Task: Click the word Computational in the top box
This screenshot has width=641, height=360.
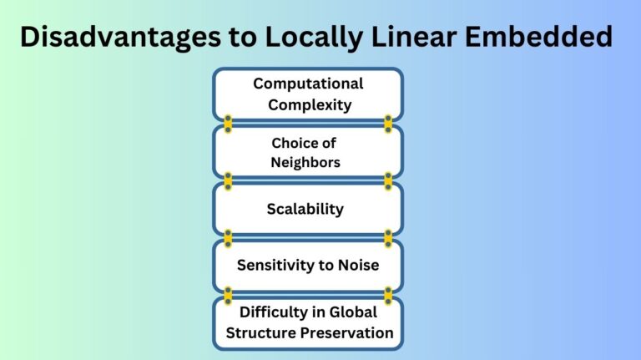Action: tap(308, 84)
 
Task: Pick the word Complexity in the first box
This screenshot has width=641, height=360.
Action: tap(308, 105)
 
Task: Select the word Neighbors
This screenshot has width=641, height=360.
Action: tap(305, 162)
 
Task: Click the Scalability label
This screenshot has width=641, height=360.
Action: tap(305, 209)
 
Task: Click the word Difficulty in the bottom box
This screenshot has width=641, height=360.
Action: tap(274, 312)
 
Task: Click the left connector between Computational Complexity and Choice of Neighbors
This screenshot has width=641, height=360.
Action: tap(228, 124)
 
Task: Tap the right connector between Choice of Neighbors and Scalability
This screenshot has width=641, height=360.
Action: tap(388, 180)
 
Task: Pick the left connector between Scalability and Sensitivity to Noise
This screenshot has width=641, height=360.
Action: tap(228, 237)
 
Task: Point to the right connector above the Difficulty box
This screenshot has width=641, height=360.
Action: tap(388, 294)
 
